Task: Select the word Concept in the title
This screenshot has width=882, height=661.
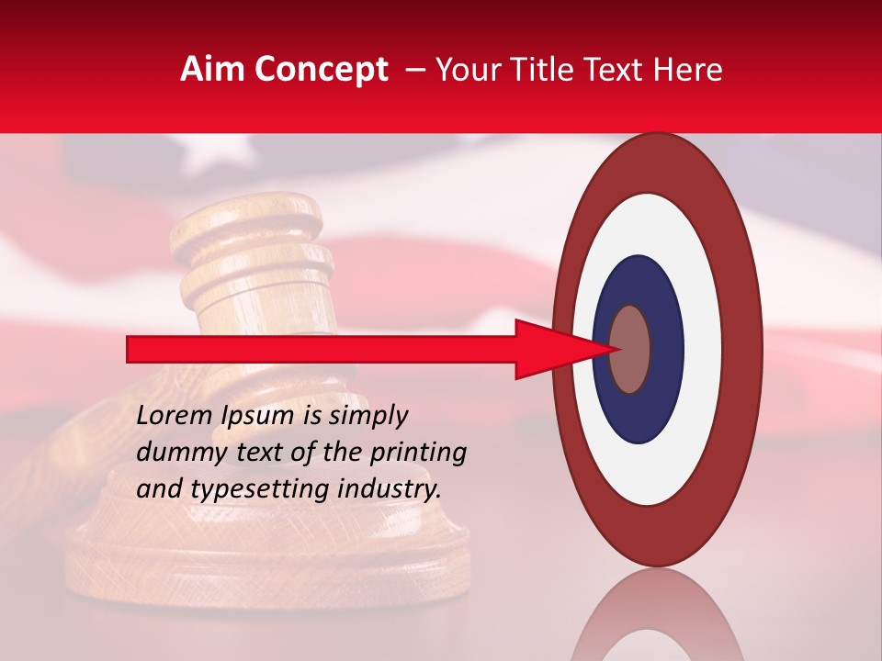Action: coord(322,70)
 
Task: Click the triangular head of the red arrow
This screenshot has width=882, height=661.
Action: coord(560,349)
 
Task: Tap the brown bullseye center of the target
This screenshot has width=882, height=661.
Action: coord(630,349)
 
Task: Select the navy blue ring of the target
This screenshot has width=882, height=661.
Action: coord(638,413)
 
